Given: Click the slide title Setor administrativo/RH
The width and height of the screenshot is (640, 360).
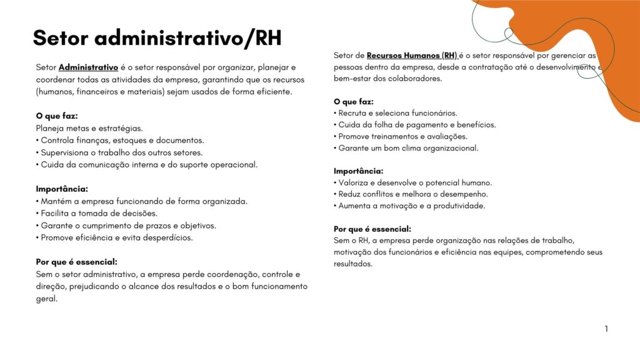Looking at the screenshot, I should coord(157,38).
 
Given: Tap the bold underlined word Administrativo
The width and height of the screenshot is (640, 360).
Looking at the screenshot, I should coord(88,67).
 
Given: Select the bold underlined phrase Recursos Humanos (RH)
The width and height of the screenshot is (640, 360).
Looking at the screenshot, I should coord(412,56).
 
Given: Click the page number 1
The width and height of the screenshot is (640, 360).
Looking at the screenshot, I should coord(606,329).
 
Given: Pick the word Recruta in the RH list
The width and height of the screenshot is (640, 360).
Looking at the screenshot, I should coord(353,113).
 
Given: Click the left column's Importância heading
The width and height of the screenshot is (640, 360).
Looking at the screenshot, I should coord(62,189).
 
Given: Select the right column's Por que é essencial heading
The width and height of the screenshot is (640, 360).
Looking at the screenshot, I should coord(372,229).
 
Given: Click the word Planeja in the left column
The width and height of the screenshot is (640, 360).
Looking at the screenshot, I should coord(50,128).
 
